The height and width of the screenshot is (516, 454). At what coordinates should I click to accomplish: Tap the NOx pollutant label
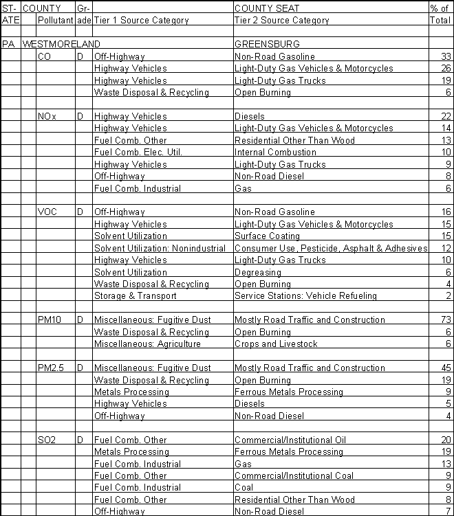[x=47, y=116]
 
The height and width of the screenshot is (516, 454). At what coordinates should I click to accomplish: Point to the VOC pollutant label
[x=47, y=212]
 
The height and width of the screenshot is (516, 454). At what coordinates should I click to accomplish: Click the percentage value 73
[x=444, y=319]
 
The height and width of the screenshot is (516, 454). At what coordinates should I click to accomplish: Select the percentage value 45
[x=444, y=368]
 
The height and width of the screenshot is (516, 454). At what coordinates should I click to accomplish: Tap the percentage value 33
[x=444, y=56]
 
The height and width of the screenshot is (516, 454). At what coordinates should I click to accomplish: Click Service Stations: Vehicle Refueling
[x=305, y=296]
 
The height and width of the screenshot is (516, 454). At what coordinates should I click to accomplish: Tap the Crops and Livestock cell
[x=276, y=344]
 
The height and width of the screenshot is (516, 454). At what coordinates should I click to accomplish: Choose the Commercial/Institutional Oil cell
[x=290, y=440]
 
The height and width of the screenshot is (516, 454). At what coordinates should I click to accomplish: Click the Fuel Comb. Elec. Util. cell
[x=138, y=152]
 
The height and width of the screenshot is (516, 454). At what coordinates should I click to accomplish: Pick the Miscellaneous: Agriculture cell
[x=147, y=344]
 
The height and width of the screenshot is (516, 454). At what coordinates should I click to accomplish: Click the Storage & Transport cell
[x=135, y=296]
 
